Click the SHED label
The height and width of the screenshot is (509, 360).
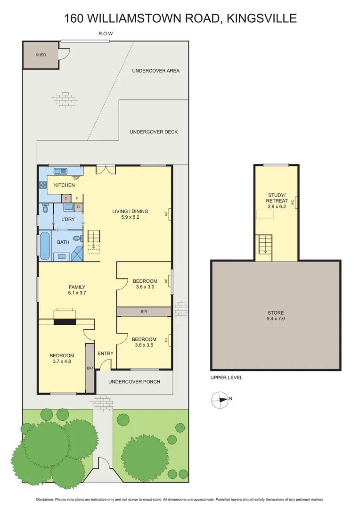[x=41, y=55]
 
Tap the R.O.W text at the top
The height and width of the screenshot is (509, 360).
[x=106, y=33]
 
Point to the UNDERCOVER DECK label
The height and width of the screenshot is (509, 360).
[x=154, y=132]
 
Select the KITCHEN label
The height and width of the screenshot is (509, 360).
[x=64, y=185]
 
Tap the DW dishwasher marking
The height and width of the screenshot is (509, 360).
[x=75, y=179]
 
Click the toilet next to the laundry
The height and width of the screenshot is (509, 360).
[x=46, y=208]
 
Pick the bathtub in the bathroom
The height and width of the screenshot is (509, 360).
[x=45, y=245]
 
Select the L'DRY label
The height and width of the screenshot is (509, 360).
[x=68, y=220]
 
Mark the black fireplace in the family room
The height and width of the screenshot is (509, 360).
[x=65, y=322]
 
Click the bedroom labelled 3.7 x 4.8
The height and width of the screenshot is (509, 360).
[x=62, y=358]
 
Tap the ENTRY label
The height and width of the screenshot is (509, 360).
[x=105, y=353]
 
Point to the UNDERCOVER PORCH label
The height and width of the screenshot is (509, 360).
[x=134, y=381]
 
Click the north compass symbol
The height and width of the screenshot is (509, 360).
[x=220, y=400]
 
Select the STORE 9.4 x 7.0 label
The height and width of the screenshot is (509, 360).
[x=276, y=316]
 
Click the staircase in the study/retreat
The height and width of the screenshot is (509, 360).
[x=265, y=244]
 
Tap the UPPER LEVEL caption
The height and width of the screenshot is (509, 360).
[x=226, y=378]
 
